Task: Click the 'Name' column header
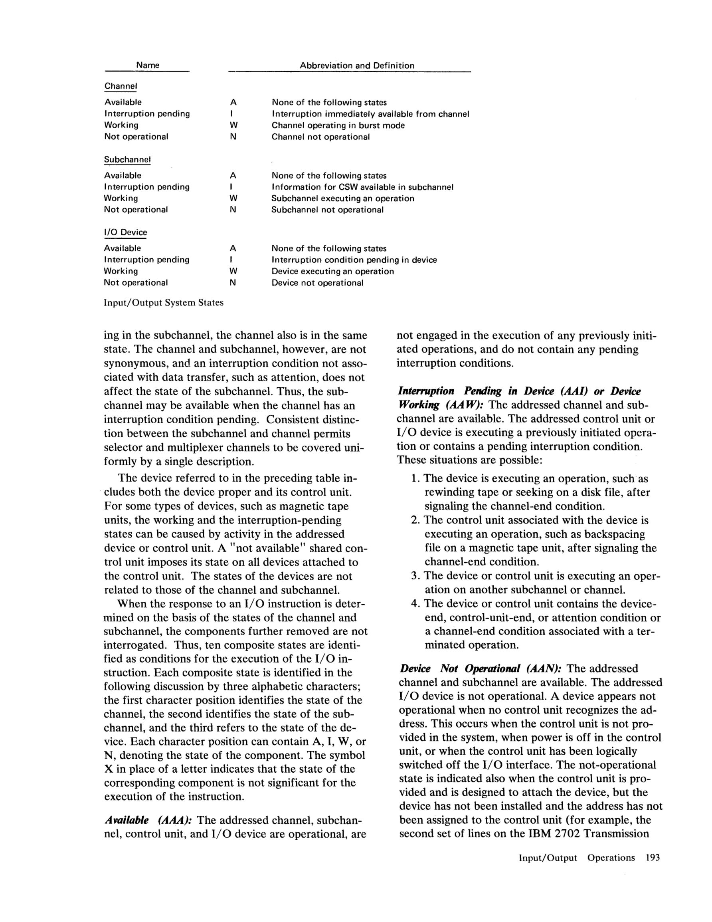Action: (147, 65)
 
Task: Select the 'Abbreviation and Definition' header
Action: (357, 65)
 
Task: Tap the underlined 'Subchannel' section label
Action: (127, 160)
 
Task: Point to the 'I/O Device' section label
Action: (125, 232)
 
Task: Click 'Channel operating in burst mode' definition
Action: (338, 125)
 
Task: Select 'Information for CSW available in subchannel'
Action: (362, 187)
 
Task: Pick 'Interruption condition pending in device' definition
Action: (354, 260)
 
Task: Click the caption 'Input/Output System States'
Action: (164, 303)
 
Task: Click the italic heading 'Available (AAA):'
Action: (148, 820)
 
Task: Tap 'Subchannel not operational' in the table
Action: (327, 210)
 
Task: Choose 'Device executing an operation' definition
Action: (332, 272)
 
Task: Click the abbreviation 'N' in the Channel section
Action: (233, 137)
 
